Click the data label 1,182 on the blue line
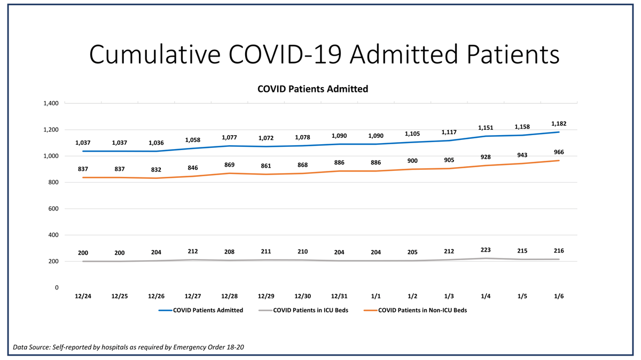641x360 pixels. click(559, 123)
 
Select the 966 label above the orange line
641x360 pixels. click(559, 152)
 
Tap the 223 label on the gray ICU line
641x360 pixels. click(486, 250)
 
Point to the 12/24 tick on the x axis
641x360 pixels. click(83, 296)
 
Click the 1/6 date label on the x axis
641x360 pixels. click(559, 296)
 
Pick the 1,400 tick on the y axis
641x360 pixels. click(51, 103)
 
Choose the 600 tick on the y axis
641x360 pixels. click(53, 209)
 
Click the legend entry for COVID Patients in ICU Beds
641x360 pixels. click(303, 310)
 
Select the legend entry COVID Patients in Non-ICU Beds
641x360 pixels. click(415, 310)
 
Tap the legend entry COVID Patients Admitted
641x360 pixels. click(201, 310)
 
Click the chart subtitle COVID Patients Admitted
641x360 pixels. click(313, 89)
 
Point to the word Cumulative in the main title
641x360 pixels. click(155, 54)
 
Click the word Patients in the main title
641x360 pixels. click(513, 54)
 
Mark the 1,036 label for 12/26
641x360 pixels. click(156, 143)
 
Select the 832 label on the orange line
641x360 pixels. click(156, 170)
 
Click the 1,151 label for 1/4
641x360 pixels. click(486, 128)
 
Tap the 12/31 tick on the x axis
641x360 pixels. click(339, 296)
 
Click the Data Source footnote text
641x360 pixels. click(129, 347)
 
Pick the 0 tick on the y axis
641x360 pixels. click(57, 287)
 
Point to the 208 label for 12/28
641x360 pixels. click(229, 252)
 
